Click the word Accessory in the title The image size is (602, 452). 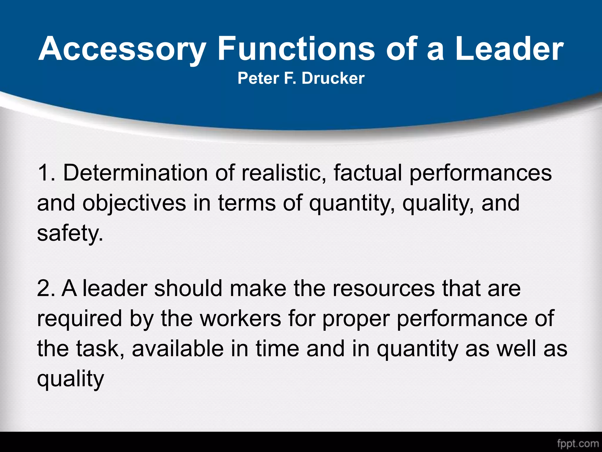[121, 49]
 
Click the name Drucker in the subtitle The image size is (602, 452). [333, 78]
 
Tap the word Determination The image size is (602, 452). [136, 173]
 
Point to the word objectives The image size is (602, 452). [134, 204]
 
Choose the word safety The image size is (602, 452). [70, 233]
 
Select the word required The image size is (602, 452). [79, 319]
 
